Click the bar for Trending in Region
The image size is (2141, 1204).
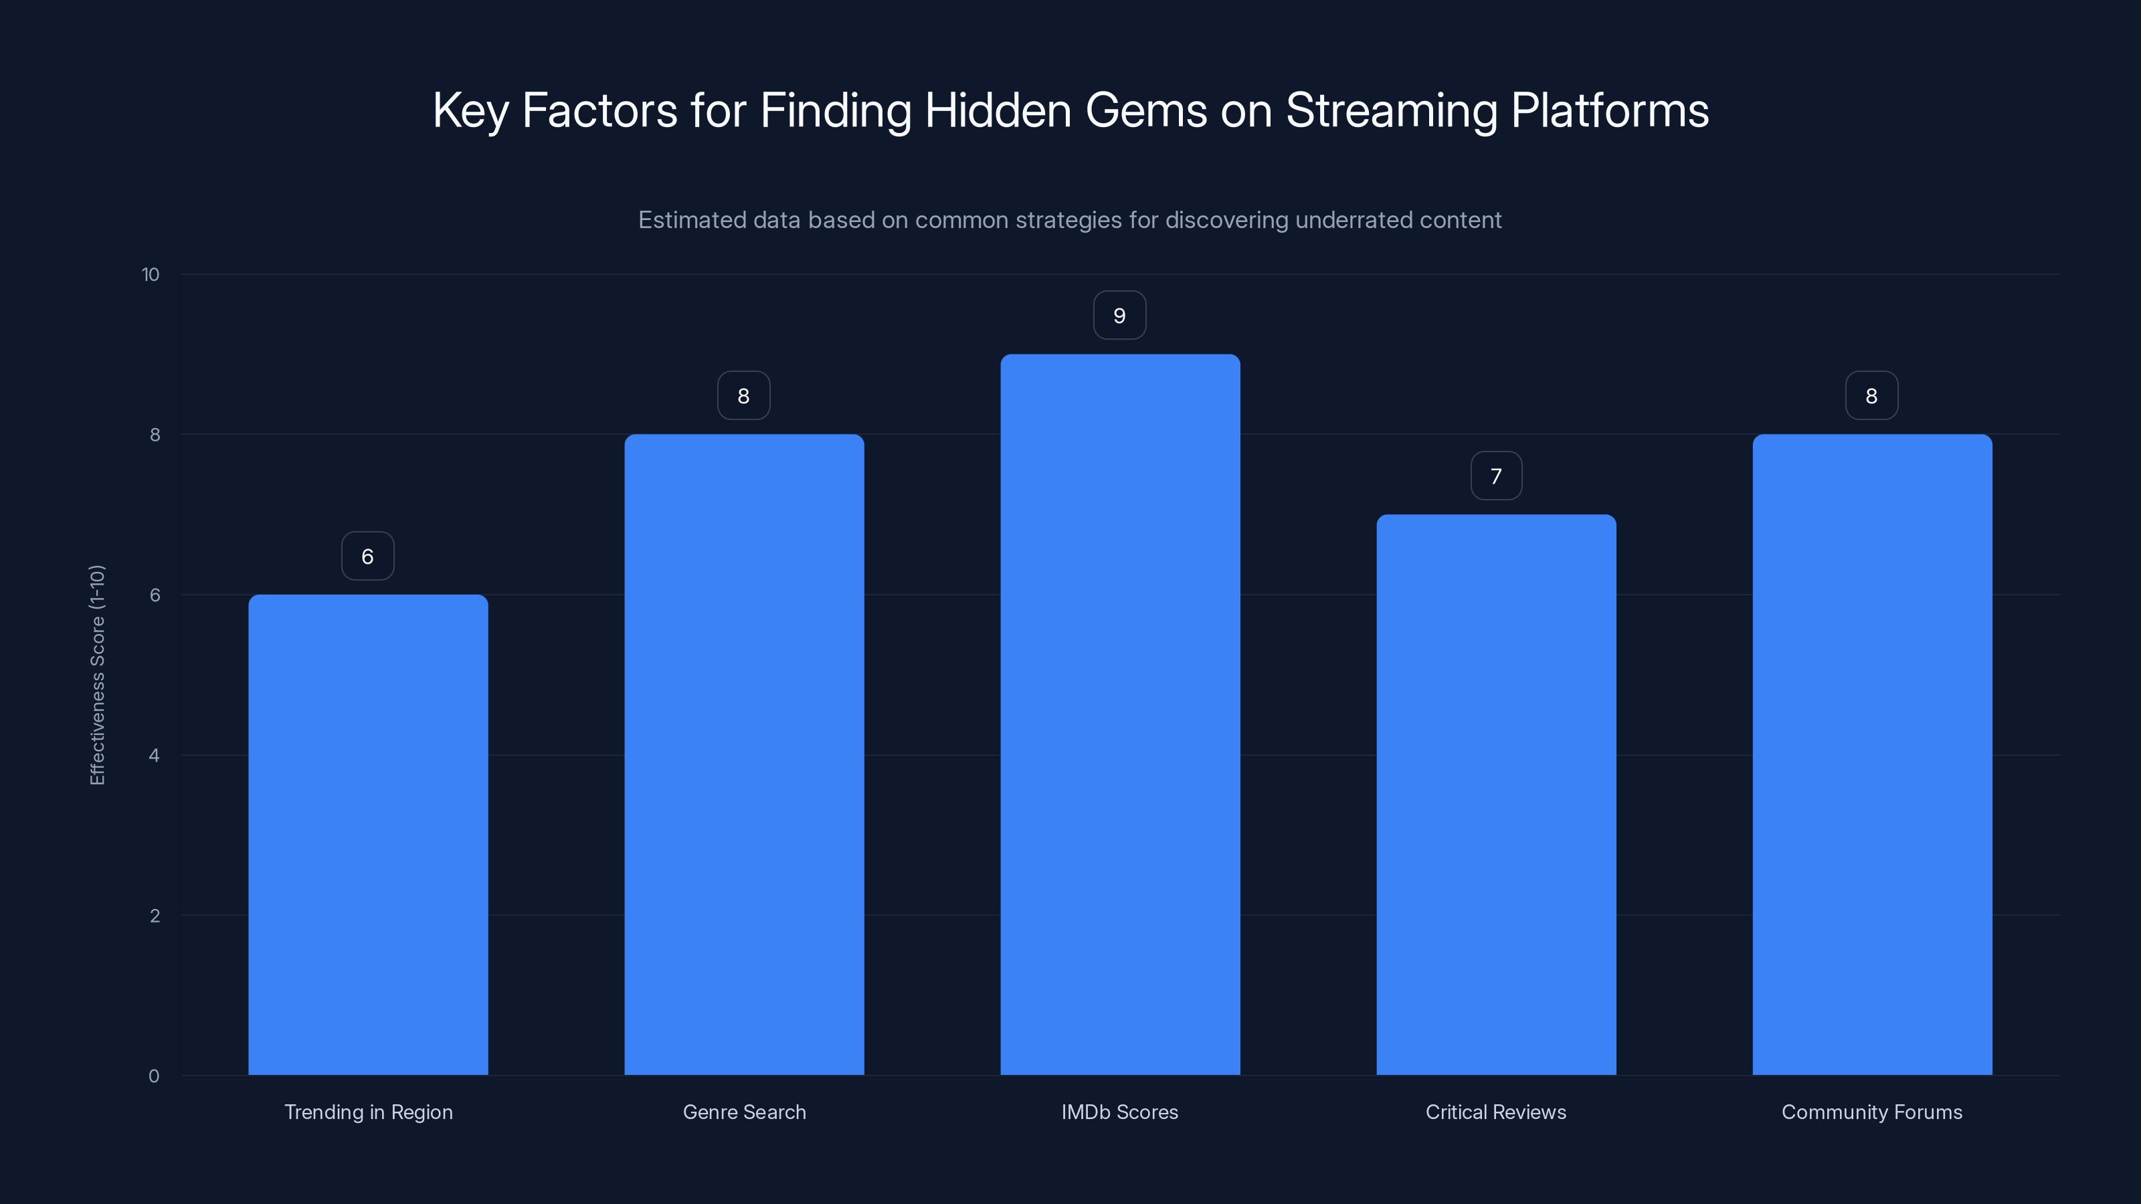pos(368,834)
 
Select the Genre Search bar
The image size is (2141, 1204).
pos(744,755)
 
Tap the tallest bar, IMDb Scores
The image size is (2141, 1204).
pos(1119,714)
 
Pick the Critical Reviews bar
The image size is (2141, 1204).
pos(1496,795)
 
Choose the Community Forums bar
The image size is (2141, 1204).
pos(1872,755)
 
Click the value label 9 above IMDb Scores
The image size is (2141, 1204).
pos(1119,316)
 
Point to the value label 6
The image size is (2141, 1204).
pos(367,557)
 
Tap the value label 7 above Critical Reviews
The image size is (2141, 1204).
pos(1496,476)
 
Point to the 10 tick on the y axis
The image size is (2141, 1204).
pos(151,275)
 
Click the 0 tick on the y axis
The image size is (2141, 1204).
pos(154,1076)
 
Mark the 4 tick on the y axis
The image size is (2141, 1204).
pos(154,755)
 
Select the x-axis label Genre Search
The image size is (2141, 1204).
pos(744,1112)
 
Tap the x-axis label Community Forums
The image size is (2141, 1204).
pos(1872,1112)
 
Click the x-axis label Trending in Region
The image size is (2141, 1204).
pos(368,1112)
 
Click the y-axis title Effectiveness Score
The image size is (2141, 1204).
pos(97,675)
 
